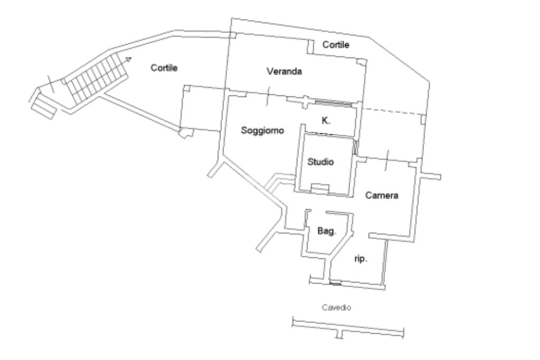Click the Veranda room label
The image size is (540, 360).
(284, 72)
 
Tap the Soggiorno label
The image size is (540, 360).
(263, 130)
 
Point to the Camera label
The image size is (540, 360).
(381, 196)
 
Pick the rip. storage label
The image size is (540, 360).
(360, 259)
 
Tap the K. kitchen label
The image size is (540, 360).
(326, 121)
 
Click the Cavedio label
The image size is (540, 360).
(336, 307)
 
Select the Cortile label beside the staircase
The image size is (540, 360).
(164, 68)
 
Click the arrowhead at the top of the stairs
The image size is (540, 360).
(128, 59)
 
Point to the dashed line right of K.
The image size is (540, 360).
(393, 112)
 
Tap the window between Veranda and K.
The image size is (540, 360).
(333, 103)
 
